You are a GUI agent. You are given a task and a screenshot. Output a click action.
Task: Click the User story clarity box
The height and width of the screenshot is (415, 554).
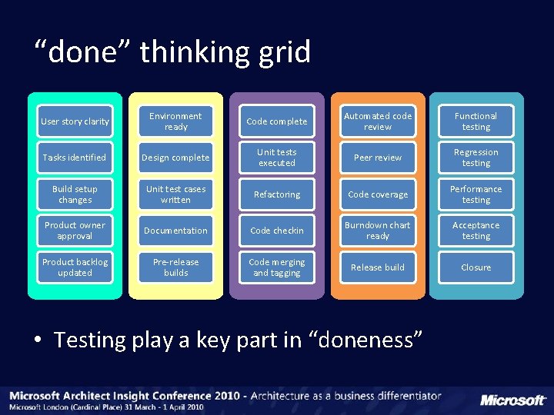pyautogui.click(x=75, y=121)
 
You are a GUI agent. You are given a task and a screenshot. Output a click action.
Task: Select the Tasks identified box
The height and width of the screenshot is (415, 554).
pyautogui.click(x=75, y=158)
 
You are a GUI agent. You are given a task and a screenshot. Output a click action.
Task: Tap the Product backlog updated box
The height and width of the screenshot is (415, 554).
pyautogui.click(x=75, y=267)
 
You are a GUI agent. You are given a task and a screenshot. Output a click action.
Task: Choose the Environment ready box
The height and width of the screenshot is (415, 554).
pyautogui.click(x=175, y=121)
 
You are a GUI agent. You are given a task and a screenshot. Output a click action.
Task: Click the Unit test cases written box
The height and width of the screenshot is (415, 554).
pyautogui.click(x=175, y=194)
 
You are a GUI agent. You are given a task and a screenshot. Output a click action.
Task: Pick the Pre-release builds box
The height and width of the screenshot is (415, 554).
pyautogui.click(x=175, y=267)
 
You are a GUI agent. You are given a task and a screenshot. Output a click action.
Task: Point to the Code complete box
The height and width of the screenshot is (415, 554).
pyautogui.click(x=277, y=121)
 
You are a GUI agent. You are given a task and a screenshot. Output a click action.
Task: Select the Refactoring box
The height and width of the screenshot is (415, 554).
pyautogui.click(x=277, y=194)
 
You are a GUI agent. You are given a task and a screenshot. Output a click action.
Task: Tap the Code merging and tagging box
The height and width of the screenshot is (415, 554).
pyautogui.click(x=277, y=267)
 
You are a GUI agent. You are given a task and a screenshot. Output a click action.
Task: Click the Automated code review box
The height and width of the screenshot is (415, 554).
pyautogui.click(x=378, y=121)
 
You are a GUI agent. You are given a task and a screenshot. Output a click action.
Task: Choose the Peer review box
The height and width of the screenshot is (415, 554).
pyautogui.click(x=378, y=158)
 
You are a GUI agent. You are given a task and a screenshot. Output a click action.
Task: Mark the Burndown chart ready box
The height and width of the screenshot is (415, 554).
pyautogui.click(x=378, y=231)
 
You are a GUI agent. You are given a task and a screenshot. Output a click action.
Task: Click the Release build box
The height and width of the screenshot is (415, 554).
pyautogui.click(x=378, y=267)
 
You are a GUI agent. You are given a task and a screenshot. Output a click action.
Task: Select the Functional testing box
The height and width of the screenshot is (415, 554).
pyautogui.click(x=476, y=121)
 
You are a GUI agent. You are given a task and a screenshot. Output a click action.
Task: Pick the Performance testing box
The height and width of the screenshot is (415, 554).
pyautogui.click(x=476, y=194)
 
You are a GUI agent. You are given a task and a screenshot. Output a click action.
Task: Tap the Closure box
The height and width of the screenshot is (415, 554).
pyautogui.click(x=476, y=267)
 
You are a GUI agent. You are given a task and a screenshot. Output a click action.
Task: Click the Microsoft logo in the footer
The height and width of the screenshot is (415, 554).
pyautogui.click(x=512, y=400)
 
